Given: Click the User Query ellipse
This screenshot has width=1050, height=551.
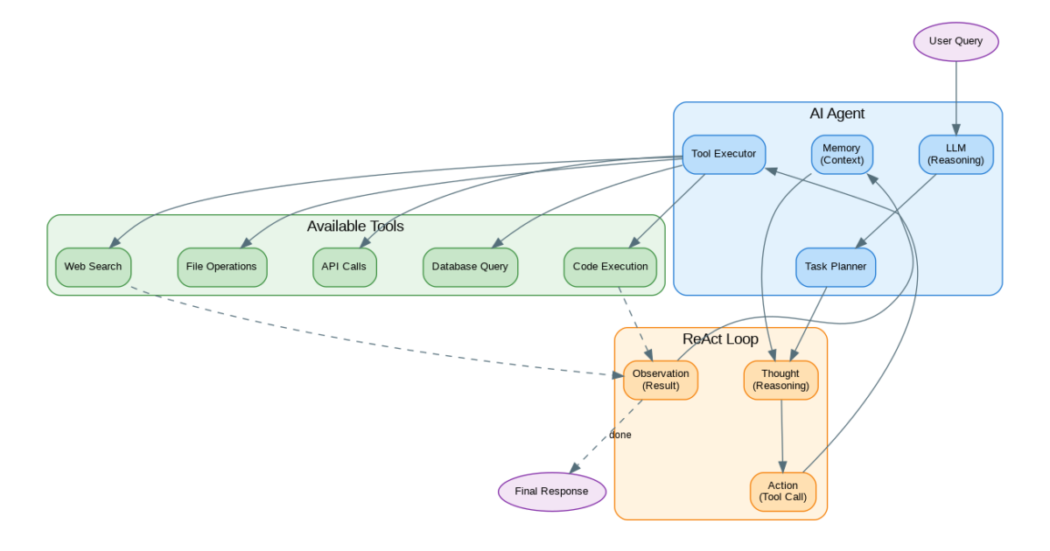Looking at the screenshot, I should tap(955, 41).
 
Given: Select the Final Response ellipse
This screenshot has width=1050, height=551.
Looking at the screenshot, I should tap(552, 491).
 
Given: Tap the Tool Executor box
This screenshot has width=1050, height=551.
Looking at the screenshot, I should tap(724, 154).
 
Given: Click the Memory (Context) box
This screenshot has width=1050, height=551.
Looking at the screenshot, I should tap(842, 154).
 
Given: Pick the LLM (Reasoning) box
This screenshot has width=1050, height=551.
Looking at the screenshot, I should tap(955, 154).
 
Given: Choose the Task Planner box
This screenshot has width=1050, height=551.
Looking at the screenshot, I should tap(836, 267).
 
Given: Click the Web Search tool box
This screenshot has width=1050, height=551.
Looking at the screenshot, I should tap(93, 267).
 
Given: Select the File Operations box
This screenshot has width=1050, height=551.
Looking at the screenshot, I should tap(221, 267).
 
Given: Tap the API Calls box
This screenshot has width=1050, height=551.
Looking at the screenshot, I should tap(345, 267).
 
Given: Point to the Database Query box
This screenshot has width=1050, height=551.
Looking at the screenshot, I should tap(470, 267).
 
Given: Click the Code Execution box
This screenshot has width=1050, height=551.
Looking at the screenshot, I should tap(610, 267).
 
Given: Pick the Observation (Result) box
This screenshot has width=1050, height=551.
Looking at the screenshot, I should tap(661, 380).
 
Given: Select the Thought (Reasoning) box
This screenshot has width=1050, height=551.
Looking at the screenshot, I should tap(780, 380).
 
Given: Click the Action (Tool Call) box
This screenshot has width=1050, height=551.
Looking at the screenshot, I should tap(783, 492).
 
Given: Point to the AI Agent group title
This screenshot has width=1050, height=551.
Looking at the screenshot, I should tap(836, 114).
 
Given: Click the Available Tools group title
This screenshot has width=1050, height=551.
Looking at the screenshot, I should tap(355, 227).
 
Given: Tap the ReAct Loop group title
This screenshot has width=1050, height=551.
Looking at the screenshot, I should tap(720, 339).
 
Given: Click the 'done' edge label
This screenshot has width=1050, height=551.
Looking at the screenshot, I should tap(620, 435).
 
